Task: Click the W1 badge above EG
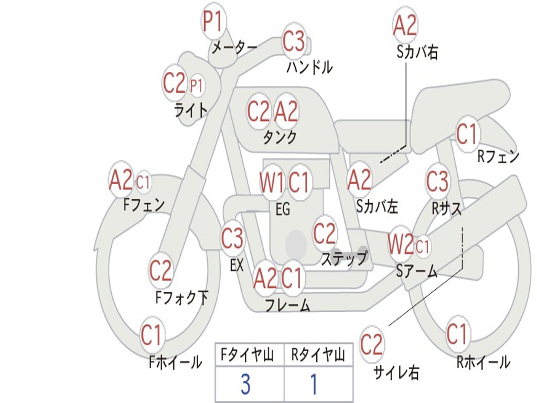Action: [x=272, y=183]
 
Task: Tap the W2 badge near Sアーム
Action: [x=401, y=244]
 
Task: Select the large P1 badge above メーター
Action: [x=213, y=23]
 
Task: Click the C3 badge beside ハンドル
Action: [x=294, y=41]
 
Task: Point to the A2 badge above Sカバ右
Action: [x=405, y=25]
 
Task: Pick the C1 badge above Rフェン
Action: [x=467, y=134]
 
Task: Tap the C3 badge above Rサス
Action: [x=437, y=182]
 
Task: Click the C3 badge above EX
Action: [x=232, y=239]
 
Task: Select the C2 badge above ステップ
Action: [x=325, y=233]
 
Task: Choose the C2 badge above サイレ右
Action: [x=372, y=344]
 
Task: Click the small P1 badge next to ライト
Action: [x=197, y=85]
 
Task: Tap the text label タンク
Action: [x=280, y=137]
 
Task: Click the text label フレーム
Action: [x=287, y=305]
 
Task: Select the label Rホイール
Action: [x=483, y=362]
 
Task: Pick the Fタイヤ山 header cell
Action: [x=249, y=356]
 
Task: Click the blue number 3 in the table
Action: [x=245, y=385]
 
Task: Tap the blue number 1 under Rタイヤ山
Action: [x=314, y=385]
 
